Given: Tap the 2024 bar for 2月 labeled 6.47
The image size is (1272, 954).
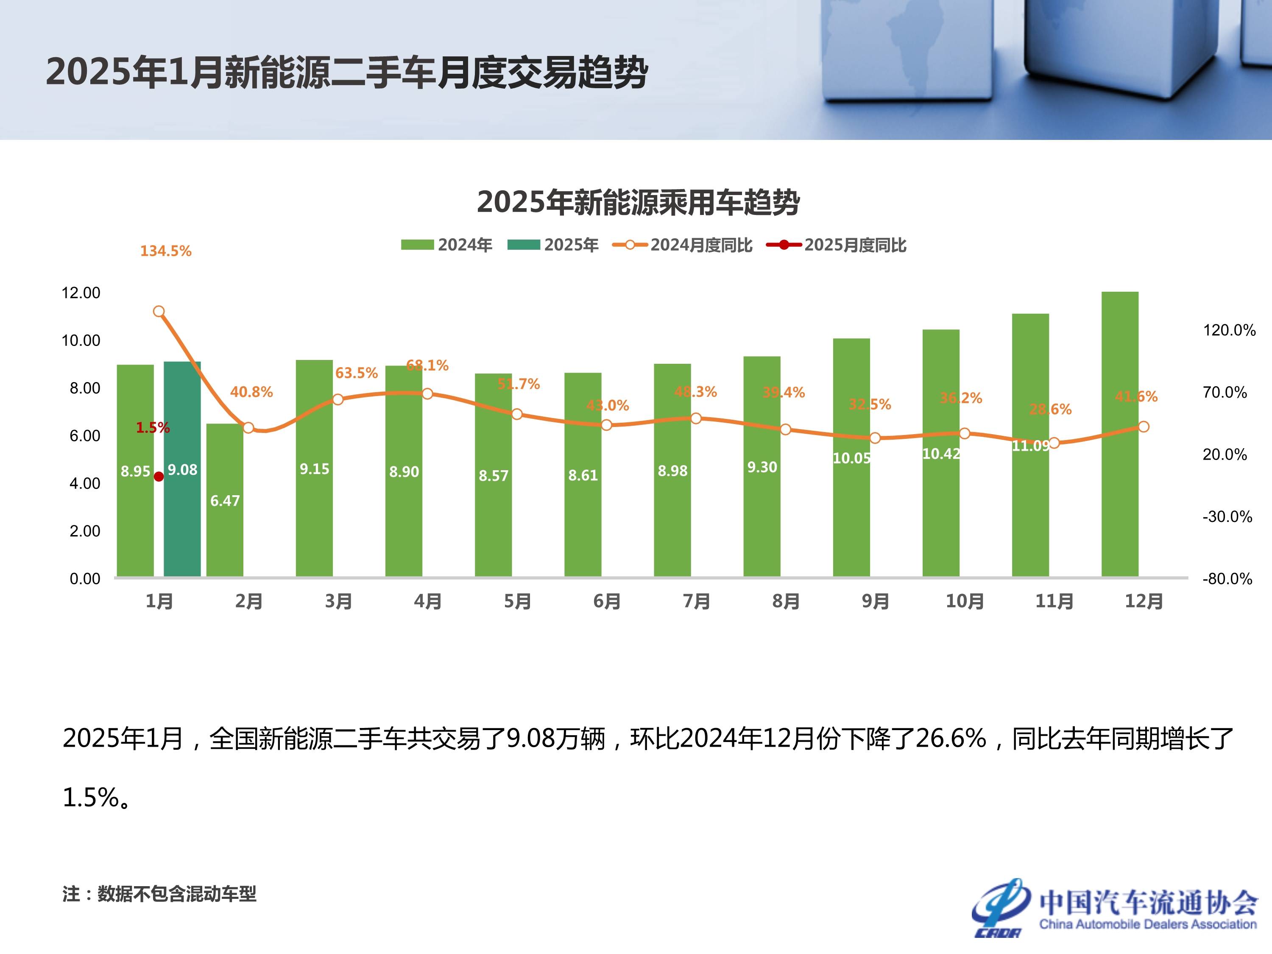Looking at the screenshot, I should [225, 518].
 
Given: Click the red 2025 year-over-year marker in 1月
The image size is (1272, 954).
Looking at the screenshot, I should [159, 477].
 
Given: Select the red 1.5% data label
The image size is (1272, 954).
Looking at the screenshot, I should [152, 428].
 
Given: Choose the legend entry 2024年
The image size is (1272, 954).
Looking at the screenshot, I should [447, 245].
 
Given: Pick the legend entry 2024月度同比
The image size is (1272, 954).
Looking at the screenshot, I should [683, 245].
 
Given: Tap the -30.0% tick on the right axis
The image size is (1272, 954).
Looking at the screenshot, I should [1227, 517].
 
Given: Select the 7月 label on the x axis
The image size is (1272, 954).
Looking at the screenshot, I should [696, 602].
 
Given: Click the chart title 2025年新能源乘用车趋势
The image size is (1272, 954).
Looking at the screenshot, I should [638, 202].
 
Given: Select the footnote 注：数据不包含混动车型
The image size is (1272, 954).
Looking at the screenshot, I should [159, 894].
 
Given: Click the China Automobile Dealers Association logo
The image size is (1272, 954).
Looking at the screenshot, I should [1114, 909].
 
